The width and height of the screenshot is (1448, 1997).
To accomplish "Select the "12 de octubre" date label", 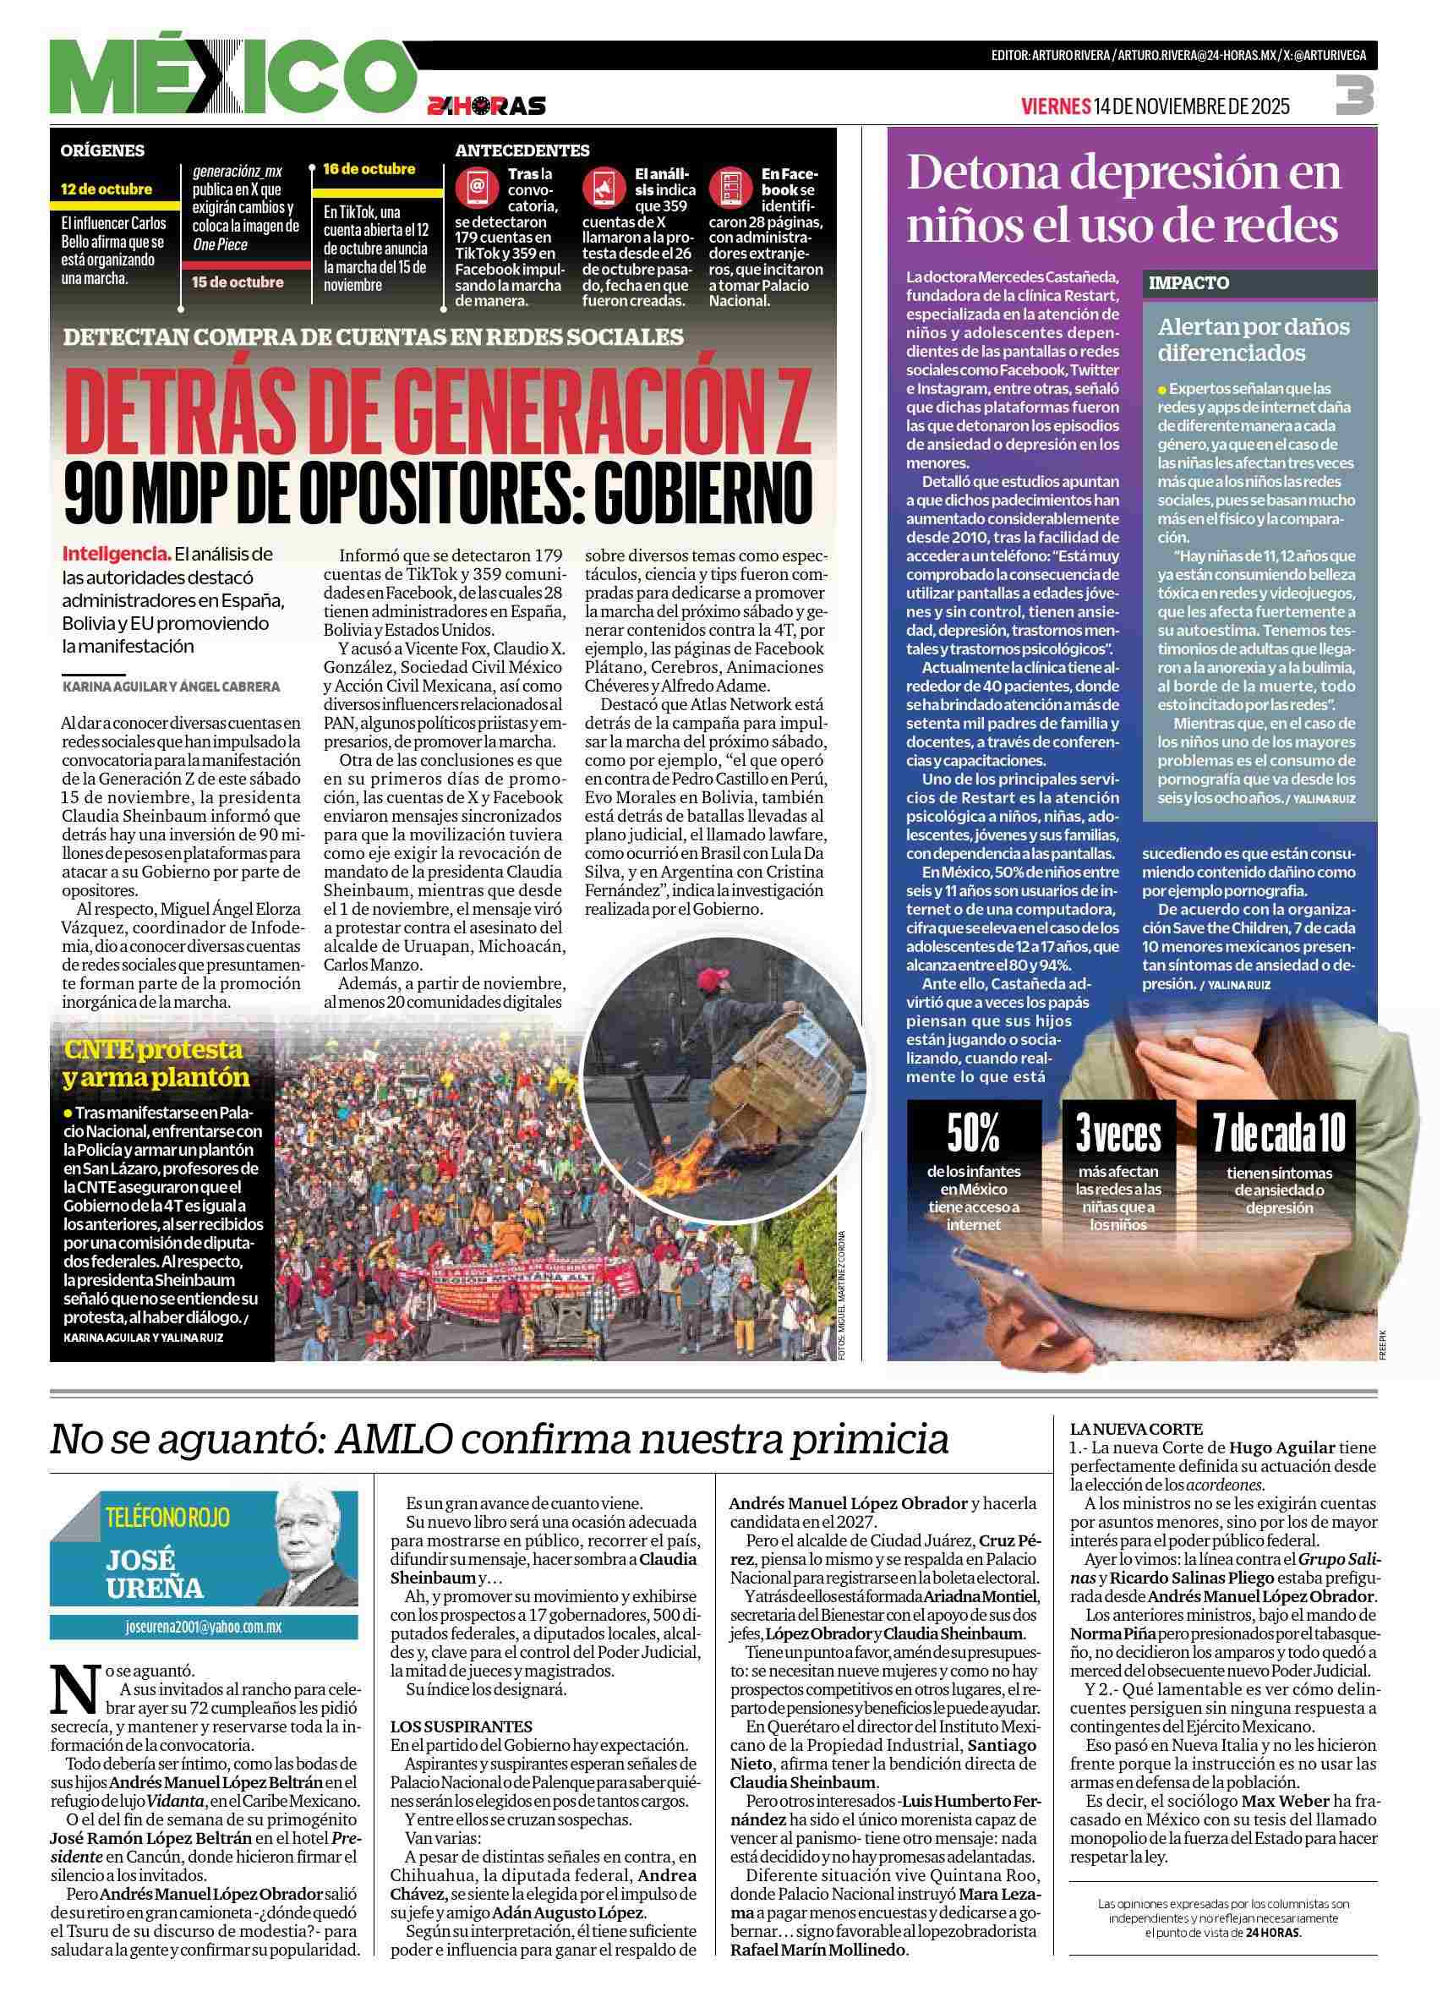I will [x=107, y=189].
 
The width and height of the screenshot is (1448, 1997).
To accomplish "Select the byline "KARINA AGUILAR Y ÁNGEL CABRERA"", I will [x=172, y=686].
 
